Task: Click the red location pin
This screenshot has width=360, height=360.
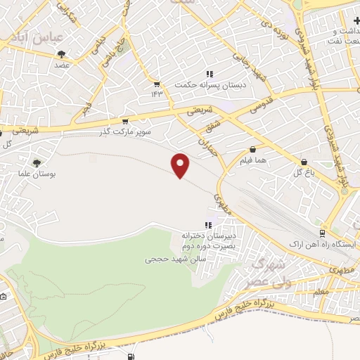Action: (181, 165)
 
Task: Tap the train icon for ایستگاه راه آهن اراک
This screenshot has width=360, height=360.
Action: (322, 232)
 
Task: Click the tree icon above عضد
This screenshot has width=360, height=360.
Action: (61, 54)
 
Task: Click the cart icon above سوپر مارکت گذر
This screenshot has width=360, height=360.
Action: (125, 121)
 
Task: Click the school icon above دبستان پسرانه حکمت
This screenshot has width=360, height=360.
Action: (209, 74)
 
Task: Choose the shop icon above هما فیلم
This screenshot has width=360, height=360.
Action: (252, 150)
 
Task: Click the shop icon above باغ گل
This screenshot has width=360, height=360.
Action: (303, 161)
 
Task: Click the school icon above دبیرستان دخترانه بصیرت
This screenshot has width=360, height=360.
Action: (207, 225)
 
